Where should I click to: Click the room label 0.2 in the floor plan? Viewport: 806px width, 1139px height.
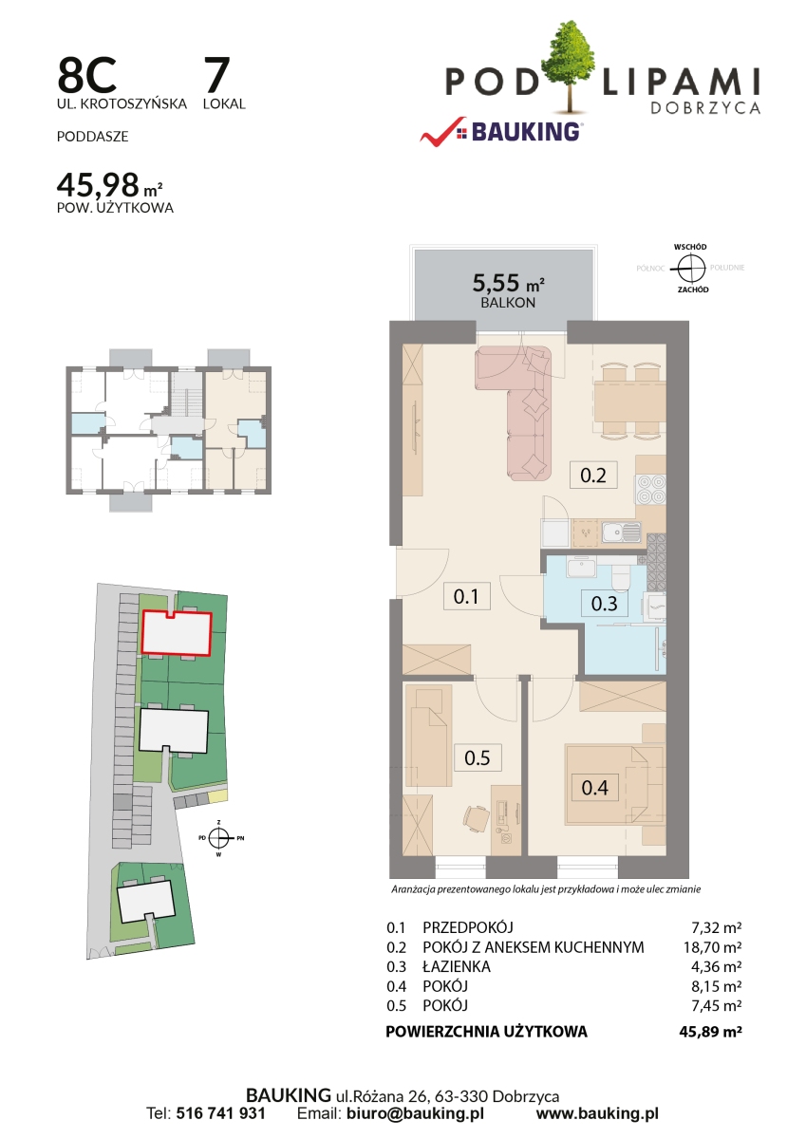pos(593,475)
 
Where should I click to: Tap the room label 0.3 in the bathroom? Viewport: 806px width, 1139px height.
pos(604,604)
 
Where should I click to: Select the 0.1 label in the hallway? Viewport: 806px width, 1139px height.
pos(466,596)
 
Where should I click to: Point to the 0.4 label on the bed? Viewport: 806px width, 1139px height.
pos(594,788)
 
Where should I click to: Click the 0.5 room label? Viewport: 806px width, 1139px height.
pos(477,757)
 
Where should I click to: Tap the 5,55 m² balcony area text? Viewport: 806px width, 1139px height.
pos(508,283)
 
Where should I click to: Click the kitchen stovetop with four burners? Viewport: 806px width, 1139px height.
pos(651,489)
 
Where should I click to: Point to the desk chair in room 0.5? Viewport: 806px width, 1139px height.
pos(477,818)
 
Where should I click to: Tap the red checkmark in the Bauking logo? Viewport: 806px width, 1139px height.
pos(441,132)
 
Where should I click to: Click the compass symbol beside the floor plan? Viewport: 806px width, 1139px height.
pos(691,268)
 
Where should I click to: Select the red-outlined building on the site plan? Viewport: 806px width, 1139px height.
pos(176,633)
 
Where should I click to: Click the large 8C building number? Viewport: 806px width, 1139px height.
pos(87,74)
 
